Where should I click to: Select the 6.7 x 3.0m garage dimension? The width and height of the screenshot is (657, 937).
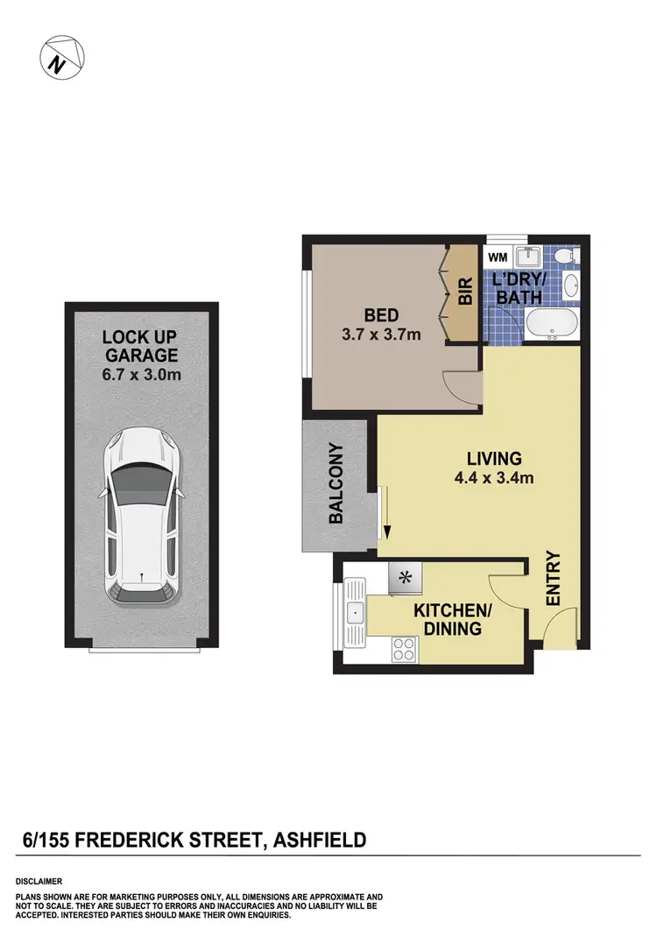pyautogui.click(x=141, y=375)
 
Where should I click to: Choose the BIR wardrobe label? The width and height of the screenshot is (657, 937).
pyautogui.click(x=464, y=292)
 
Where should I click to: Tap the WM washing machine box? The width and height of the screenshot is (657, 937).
pyautogui.click(x=498, y=257)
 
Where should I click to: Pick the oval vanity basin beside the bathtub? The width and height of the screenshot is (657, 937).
pyautogui.click(x=569, y=285)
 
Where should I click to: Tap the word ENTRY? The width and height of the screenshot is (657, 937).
pyautogui.click(x=553, y=578)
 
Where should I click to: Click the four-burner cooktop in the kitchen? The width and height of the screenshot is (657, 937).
pyautogui.click(x=405, y=649)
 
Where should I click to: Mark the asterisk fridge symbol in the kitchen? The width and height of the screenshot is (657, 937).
pyautogui.click(x=406, y=577)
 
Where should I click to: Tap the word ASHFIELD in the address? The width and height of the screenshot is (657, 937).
pyautogui.click(x=321, y=842)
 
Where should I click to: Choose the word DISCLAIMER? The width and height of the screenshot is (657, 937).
pyautogui.click(x=39, y=881)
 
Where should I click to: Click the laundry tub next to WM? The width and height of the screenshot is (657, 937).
pyautogui.click(x=530, y=258)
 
